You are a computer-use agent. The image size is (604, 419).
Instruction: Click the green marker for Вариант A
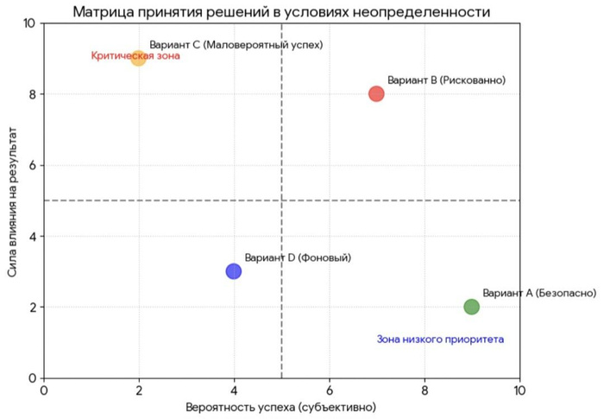(x=471, y=307)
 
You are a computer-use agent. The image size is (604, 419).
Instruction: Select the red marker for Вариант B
(x=376, y=93)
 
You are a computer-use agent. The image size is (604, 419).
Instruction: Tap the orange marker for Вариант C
(x=138, y=58)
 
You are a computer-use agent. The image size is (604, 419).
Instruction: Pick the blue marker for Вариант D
(x=233, y=271)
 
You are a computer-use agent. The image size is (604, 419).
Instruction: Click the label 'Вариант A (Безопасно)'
(x=538, y=293)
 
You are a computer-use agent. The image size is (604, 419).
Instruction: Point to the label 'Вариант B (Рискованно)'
(x=446, y=80)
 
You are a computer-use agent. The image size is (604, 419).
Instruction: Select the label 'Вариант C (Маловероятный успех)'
(x=236, y=45)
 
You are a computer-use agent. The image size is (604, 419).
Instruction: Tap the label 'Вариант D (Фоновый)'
(x=298, y=257)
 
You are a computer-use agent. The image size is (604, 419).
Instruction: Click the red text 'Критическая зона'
(x=135, y=56)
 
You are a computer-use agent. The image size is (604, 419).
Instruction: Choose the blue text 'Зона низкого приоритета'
(x=440, y=340)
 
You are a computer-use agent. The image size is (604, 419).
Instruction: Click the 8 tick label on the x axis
(x=424, y=390)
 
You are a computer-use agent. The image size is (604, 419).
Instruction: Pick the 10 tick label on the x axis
(x=519, y=390)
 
